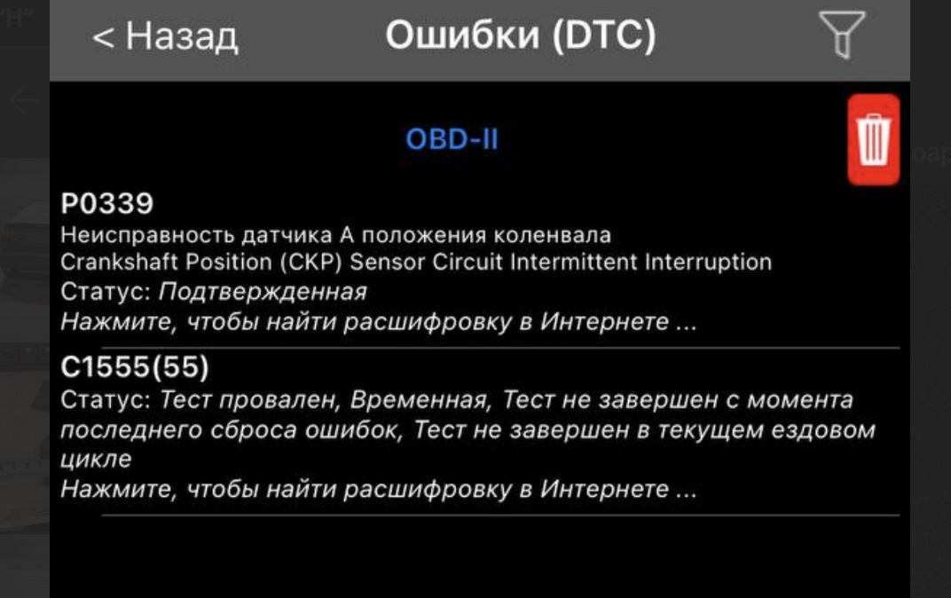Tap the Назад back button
click(x=165, y=36)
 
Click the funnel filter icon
click(x=842, y=35)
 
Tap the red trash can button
click(x=873, y=139)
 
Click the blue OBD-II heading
click(x=452, y=139)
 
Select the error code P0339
click(x=107, y=203)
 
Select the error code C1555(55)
click(x=135, y=367)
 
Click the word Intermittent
click(x=573, y=262)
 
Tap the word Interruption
click(x=708, y=262)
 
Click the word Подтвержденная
click(x=263, y=292)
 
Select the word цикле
click(x=96, y=459)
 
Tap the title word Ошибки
click(x=462, y=35)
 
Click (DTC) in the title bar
click(x=604, y=35)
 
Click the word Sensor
click(x=388, y=262)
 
